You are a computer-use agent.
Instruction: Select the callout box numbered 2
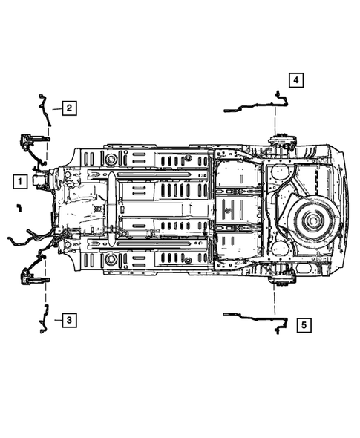68,108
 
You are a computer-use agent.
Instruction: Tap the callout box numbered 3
68,320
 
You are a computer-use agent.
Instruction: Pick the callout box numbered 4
295,79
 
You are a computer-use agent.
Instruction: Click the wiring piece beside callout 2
43,108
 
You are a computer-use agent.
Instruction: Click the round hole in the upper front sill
111,159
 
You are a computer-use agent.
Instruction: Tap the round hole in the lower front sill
111,260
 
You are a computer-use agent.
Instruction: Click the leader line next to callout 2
56,109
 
